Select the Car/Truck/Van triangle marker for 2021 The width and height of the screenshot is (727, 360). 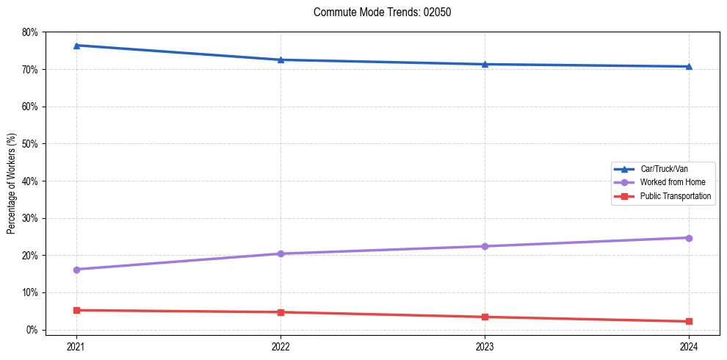(x=76, y=46)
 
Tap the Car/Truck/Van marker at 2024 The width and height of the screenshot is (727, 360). (x=689, y=67)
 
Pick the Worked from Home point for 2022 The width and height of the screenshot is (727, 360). (x=281, y=253)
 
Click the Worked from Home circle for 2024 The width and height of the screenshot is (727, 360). (x=689, y=238)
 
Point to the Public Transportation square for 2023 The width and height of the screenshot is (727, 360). (x=485, y=317)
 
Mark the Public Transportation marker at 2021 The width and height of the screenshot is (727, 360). (x=76, y=310)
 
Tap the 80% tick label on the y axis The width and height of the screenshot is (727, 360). (x=30, y=32)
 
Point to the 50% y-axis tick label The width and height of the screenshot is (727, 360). (x=30, y=144)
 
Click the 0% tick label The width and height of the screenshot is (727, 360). (x=32, y=330)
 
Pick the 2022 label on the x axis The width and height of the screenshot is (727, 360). (x=281, y=346)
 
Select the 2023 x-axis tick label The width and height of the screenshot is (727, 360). (x=485, y=346)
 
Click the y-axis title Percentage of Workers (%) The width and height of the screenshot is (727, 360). (x=12, y=182)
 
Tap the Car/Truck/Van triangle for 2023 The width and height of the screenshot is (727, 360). (x=485, y=64)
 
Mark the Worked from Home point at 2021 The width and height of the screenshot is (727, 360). (x=76, y=270)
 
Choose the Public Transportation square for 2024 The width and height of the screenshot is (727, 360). (x=689, y=321)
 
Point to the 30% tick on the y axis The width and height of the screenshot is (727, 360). (x=30, y=218)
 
